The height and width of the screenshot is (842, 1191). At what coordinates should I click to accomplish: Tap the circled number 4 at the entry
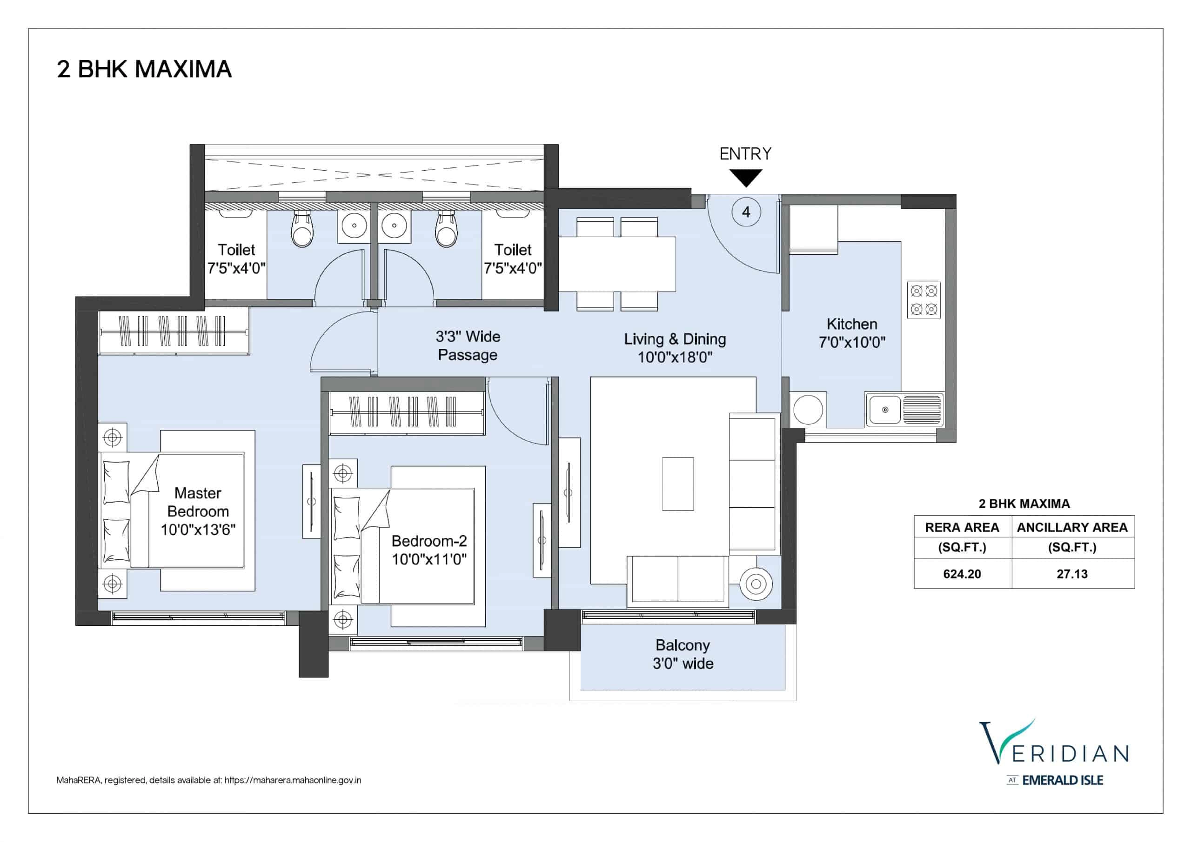(746, 212)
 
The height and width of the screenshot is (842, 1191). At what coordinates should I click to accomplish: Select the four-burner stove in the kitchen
(924, 300)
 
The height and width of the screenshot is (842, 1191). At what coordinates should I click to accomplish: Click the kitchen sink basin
(885, 410)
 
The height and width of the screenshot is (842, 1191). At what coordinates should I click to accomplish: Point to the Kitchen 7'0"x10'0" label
(852, 333)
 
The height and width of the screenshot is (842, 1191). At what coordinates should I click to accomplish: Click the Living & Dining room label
(675, 348)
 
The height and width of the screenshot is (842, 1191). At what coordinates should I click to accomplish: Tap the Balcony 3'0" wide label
(682, 654)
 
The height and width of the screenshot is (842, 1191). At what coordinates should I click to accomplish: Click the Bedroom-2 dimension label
(429, 559)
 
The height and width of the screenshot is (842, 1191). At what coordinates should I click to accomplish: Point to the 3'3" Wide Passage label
(468, 346)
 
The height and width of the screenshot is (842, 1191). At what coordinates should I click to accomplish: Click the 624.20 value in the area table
(962, 574)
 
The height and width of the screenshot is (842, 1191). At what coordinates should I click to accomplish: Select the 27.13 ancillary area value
(1072, 574)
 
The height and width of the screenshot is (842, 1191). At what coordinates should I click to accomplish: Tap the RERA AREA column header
(962, 527)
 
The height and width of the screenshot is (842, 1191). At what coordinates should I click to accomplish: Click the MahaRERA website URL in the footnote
(293, 780)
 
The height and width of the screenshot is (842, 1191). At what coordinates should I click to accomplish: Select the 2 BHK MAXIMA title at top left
(144, 69)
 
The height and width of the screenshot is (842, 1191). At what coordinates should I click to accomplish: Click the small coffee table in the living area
(678, 484)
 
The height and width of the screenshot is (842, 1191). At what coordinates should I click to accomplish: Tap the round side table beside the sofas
(756, 584)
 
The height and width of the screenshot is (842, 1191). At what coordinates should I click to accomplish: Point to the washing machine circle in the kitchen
(808, 410)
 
